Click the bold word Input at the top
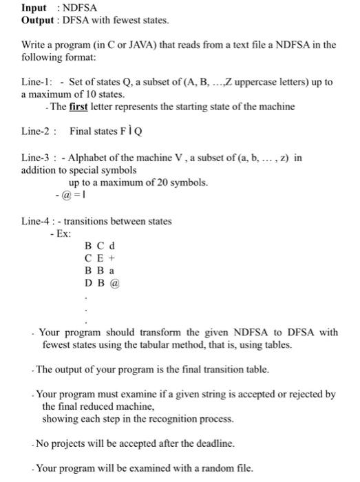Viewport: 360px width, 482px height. coord(34,8)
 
